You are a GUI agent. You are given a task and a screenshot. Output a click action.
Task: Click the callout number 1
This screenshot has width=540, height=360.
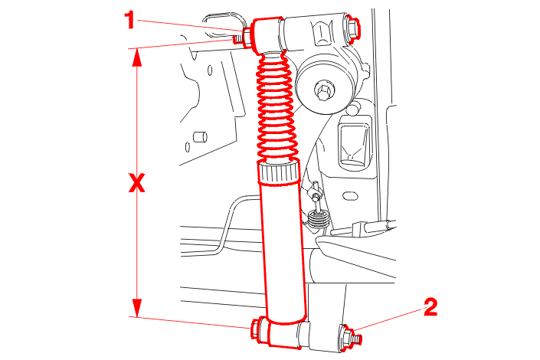(129, 20)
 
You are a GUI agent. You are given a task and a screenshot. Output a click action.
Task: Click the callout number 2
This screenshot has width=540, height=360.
(430, 307)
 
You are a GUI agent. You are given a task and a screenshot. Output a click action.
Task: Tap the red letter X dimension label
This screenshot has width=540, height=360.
(136, 183)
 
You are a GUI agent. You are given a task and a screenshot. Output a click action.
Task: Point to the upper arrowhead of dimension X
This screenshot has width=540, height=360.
(137, 57)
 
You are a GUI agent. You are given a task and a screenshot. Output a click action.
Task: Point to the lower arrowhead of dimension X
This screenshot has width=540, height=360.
(137, 308)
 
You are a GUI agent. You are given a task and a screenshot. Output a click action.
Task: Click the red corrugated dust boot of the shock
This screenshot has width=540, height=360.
(277, 107)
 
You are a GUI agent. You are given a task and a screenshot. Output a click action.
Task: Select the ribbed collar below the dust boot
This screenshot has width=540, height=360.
(278, 173)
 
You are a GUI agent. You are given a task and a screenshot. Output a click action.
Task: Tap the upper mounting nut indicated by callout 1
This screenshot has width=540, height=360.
(247, 38)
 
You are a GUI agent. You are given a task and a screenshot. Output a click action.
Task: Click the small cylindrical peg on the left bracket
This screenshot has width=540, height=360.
(200, 137)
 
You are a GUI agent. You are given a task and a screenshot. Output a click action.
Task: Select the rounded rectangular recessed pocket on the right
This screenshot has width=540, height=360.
(355, 144)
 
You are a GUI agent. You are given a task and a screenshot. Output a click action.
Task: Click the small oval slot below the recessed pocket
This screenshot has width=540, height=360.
(350, 196)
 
